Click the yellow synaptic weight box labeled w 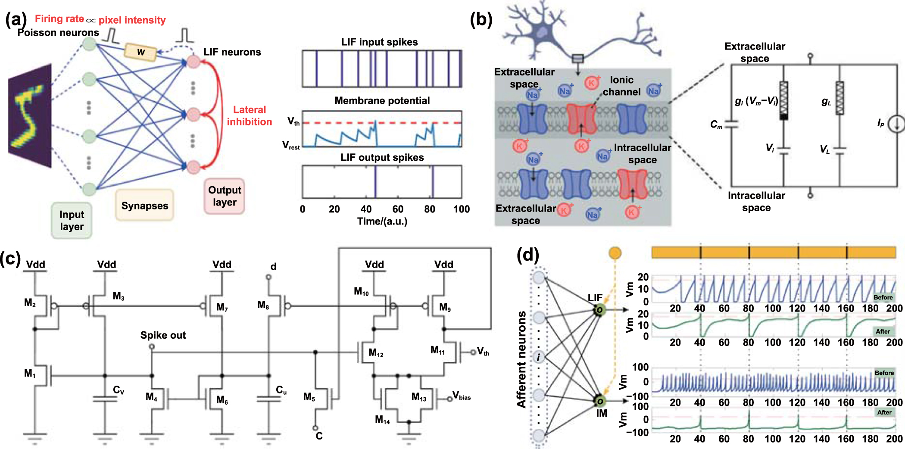click(x=140, y=52)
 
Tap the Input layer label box click(x=72, y=221)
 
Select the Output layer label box click(x=225, y=196)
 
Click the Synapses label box click(x=144, y=206)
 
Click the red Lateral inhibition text click(x=250, y=116)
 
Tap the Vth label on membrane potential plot click(x=293, y=122)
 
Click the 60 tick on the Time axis click(x=397, y=209)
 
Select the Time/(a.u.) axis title click(x=382, y=221)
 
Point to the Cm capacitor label click(x=716, y=125)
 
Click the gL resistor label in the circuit click(x=826, y=101)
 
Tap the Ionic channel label click(x=621, y=86)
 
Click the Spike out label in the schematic click(x=163, y=335)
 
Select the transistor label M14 click(x=382, y=420)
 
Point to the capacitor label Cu click(x=281, y=390)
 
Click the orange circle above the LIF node click(x=615, y=253)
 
